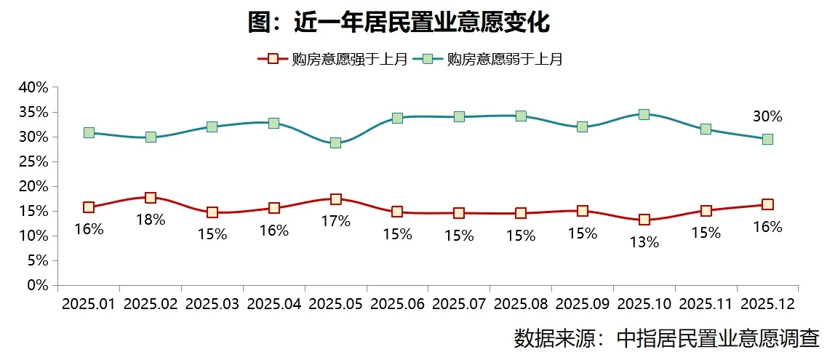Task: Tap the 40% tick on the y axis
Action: click(33, 87)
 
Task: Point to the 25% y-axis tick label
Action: click(33, 161)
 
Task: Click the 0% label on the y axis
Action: click(37, 285)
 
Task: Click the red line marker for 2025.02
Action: click(151, 198)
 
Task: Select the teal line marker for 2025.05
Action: click(335, 143)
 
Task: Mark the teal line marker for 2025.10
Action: click(644, 114)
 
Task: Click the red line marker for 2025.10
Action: click(644, 220)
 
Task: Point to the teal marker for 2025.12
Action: click(767, 139)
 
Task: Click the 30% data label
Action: click(767, 116)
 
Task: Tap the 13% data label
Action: click(644, 242)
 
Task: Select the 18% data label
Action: click(151, 219)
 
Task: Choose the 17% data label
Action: click(335, 221)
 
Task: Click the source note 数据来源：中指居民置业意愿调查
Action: click(666, 338)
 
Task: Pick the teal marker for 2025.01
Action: click(89, 132)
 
